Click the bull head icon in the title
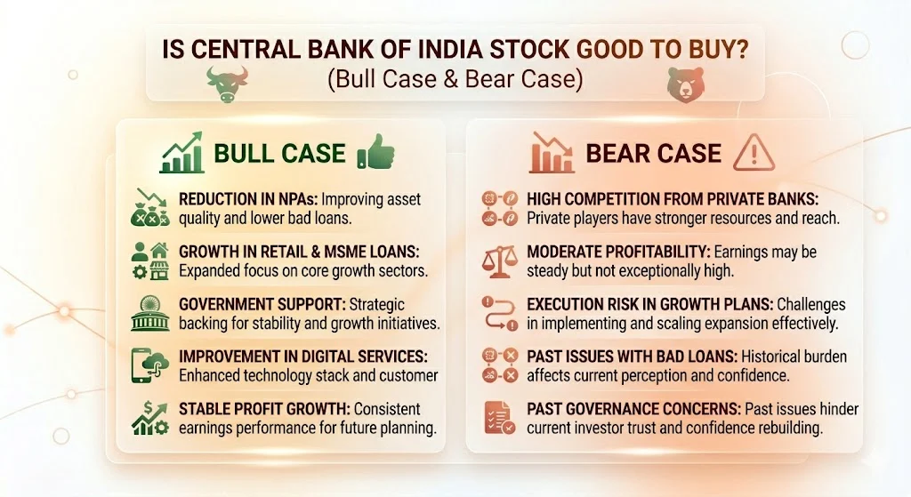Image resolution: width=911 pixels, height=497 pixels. (x=225, y=83)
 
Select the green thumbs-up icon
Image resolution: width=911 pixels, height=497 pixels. (x=375, y=153)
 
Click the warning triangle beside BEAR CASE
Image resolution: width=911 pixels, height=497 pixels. (x=751, y=153)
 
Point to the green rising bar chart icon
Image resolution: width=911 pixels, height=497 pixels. (x=181, y=153)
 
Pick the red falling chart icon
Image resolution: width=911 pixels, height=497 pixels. (x=552, y=153)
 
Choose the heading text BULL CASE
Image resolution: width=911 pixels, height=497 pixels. (x=279, y=153)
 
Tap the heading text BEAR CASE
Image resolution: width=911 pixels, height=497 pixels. (x=653, y=153)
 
